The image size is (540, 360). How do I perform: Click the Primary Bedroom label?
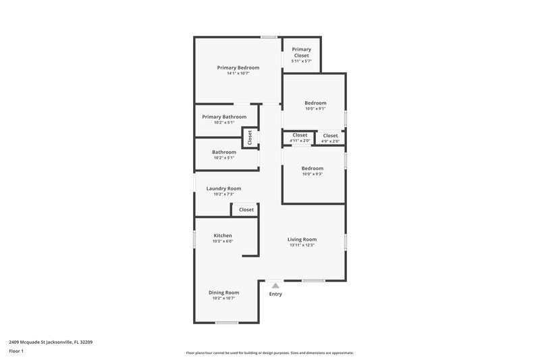238,68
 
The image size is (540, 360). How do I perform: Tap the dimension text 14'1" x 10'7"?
238,74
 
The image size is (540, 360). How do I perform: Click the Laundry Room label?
223,188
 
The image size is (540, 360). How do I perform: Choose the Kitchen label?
223,236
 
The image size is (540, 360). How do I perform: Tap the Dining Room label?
223,292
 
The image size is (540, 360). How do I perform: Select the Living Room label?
302,239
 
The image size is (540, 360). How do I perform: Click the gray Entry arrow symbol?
275,286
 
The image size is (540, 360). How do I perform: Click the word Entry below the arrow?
275,294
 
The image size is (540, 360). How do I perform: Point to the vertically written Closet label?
250,138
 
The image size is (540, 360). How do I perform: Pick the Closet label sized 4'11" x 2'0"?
300,135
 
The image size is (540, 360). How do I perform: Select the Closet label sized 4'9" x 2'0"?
330,136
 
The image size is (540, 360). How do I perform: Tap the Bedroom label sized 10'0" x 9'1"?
315,103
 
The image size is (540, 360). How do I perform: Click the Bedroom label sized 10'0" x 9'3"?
312,168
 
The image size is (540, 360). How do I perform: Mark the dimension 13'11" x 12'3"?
302,245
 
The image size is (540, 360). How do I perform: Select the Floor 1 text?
17,351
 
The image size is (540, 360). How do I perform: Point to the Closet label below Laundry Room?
246,210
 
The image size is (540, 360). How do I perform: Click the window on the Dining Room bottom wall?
227,323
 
